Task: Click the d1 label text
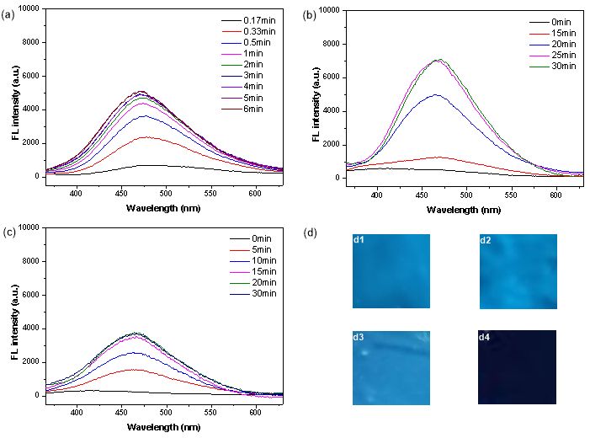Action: (x=359, y=240)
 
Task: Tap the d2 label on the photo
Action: (x=486, y=241)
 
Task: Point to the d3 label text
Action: (x=359, y=338)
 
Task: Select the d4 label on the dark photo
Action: (x=485, y=338)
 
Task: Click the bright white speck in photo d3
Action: (x=364, y=352)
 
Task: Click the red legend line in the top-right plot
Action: (x=540, y=35)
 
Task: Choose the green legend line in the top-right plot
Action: (x=540, y=66)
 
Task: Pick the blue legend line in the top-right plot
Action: (x=540, y=45)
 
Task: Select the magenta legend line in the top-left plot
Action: (x=231, y=54)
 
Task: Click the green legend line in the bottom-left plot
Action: (x=240, y=284)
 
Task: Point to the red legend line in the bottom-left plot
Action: (x=240, y=251)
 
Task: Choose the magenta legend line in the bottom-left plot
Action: (x=240, y=273)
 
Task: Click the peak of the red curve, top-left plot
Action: (x=145, y=137)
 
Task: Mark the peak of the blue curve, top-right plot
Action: (x=435, y=94)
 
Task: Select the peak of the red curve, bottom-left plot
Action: (x=133, y=369)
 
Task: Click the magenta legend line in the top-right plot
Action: (x=540, y=56)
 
